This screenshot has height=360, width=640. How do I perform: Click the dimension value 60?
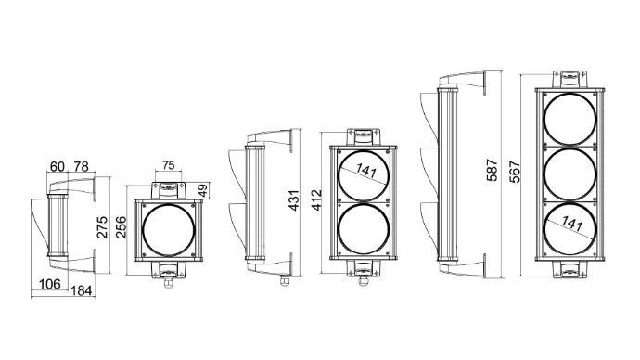[58, 167]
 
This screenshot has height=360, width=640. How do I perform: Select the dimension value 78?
[81, 167]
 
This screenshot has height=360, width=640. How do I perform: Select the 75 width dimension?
[167, 165]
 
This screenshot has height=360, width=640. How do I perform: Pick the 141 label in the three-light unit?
[571, 225]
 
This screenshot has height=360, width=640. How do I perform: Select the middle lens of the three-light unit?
[570, 174]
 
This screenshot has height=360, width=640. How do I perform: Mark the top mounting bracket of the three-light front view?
[570, 77]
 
